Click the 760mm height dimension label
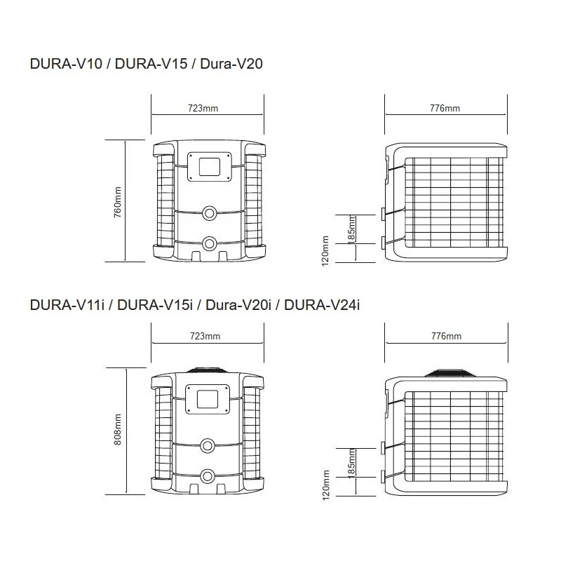point(117,201)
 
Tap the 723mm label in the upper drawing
point(203,108)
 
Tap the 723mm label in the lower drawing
point(205,337)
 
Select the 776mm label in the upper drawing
point(445,108)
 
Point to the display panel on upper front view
point(209,166)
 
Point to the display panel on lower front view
point(209,398)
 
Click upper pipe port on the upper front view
point(209,212)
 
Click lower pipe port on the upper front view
point(209,243)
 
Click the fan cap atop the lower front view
point(209,369)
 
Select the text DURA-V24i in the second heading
point(322,306)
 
